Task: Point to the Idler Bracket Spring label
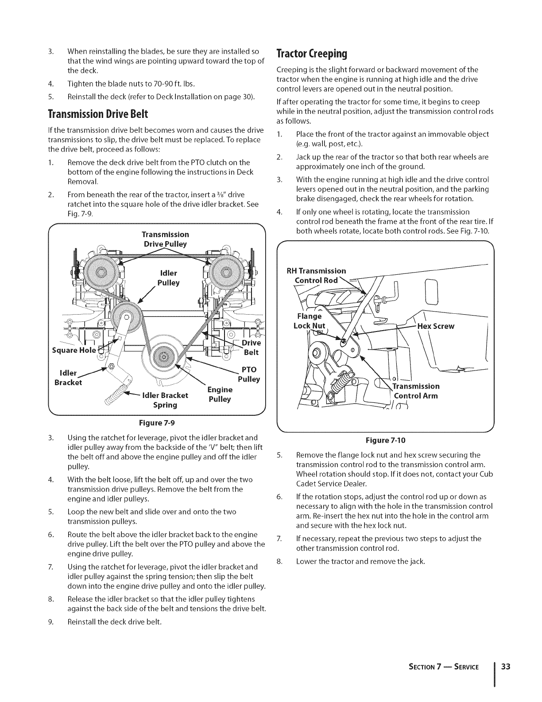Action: coord(165,400)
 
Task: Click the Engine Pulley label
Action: coord(220,394)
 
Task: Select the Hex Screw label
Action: coord(436,326)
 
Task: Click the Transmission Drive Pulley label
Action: coord(165,239)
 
